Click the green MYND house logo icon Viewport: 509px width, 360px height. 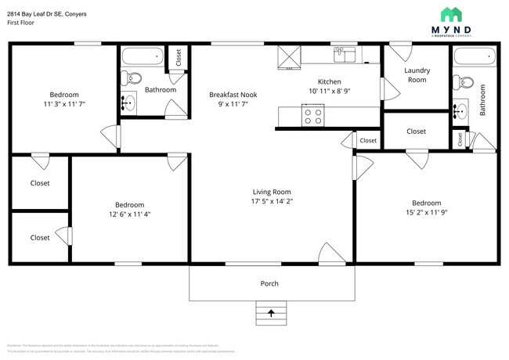pos(450,14)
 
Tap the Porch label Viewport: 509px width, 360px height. pos(269,283)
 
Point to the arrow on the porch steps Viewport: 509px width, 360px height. pos(271,313)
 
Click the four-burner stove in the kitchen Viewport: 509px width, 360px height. pos(313,116)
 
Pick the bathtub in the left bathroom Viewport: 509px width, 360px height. pos(142,56)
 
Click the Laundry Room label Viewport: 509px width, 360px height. pos(416,75)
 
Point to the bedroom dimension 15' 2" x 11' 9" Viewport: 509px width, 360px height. pos(431,211)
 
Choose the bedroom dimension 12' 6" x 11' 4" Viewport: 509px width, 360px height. pos(130,214)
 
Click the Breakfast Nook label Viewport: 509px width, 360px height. pos(233,95)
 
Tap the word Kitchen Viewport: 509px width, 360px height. pos(330,82)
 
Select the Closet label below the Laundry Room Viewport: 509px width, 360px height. pos(416,131)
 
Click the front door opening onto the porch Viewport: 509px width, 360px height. pos(330,254)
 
